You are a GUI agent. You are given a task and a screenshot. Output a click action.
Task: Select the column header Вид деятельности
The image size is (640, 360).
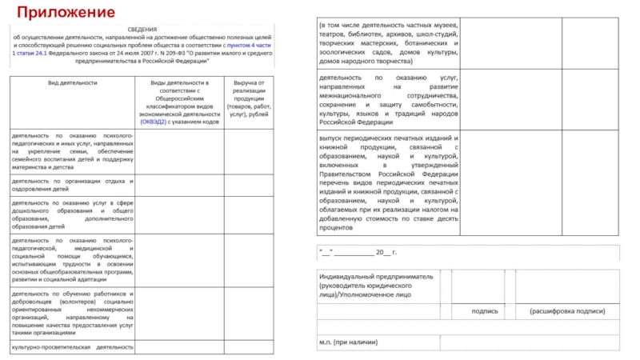point(73,82)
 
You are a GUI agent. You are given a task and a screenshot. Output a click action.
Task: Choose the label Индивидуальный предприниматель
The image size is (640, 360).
point(376,275)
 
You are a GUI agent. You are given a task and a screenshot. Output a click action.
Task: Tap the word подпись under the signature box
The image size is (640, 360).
point(485,310)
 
